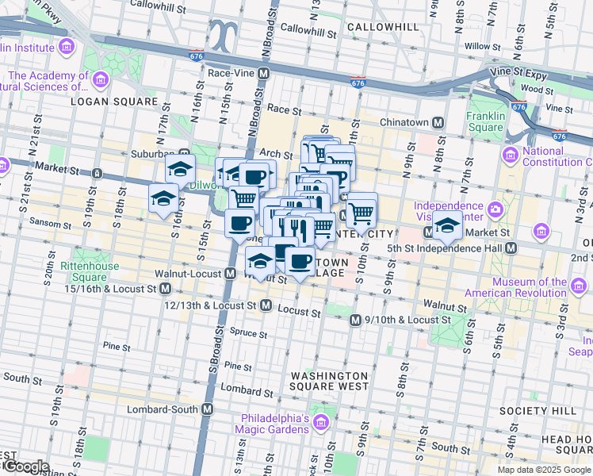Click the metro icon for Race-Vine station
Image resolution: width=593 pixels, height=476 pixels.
[x=265, y=72]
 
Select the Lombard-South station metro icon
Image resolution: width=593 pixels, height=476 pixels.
[x=208, y=409]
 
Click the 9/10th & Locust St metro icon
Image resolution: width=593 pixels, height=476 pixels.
[x=356, y=320]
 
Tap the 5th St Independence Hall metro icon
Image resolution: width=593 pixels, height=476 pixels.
[x=511, y=248]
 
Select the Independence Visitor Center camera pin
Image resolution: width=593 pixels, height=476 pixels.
[x=495, y=210]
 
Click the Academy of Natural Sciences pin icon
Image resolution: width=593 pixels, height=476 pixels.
[x=100, y=79]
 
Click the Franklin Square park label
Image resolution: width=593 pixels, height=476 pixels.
[x=486, y=121]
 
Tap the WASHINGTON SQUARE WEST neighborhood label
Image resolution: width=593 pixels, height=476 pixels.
[x=329, y=381]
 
